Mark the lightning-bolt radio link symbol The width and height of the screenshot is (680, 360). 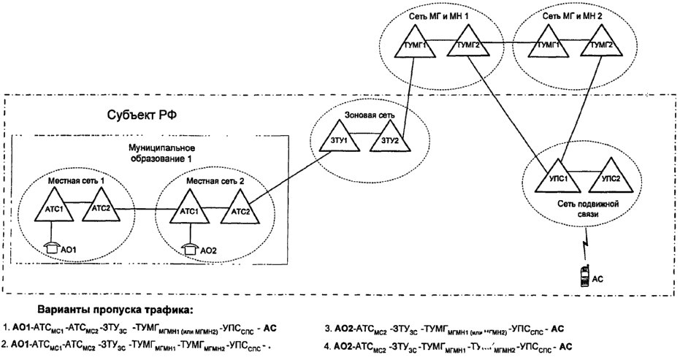(x=586, y=240)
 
